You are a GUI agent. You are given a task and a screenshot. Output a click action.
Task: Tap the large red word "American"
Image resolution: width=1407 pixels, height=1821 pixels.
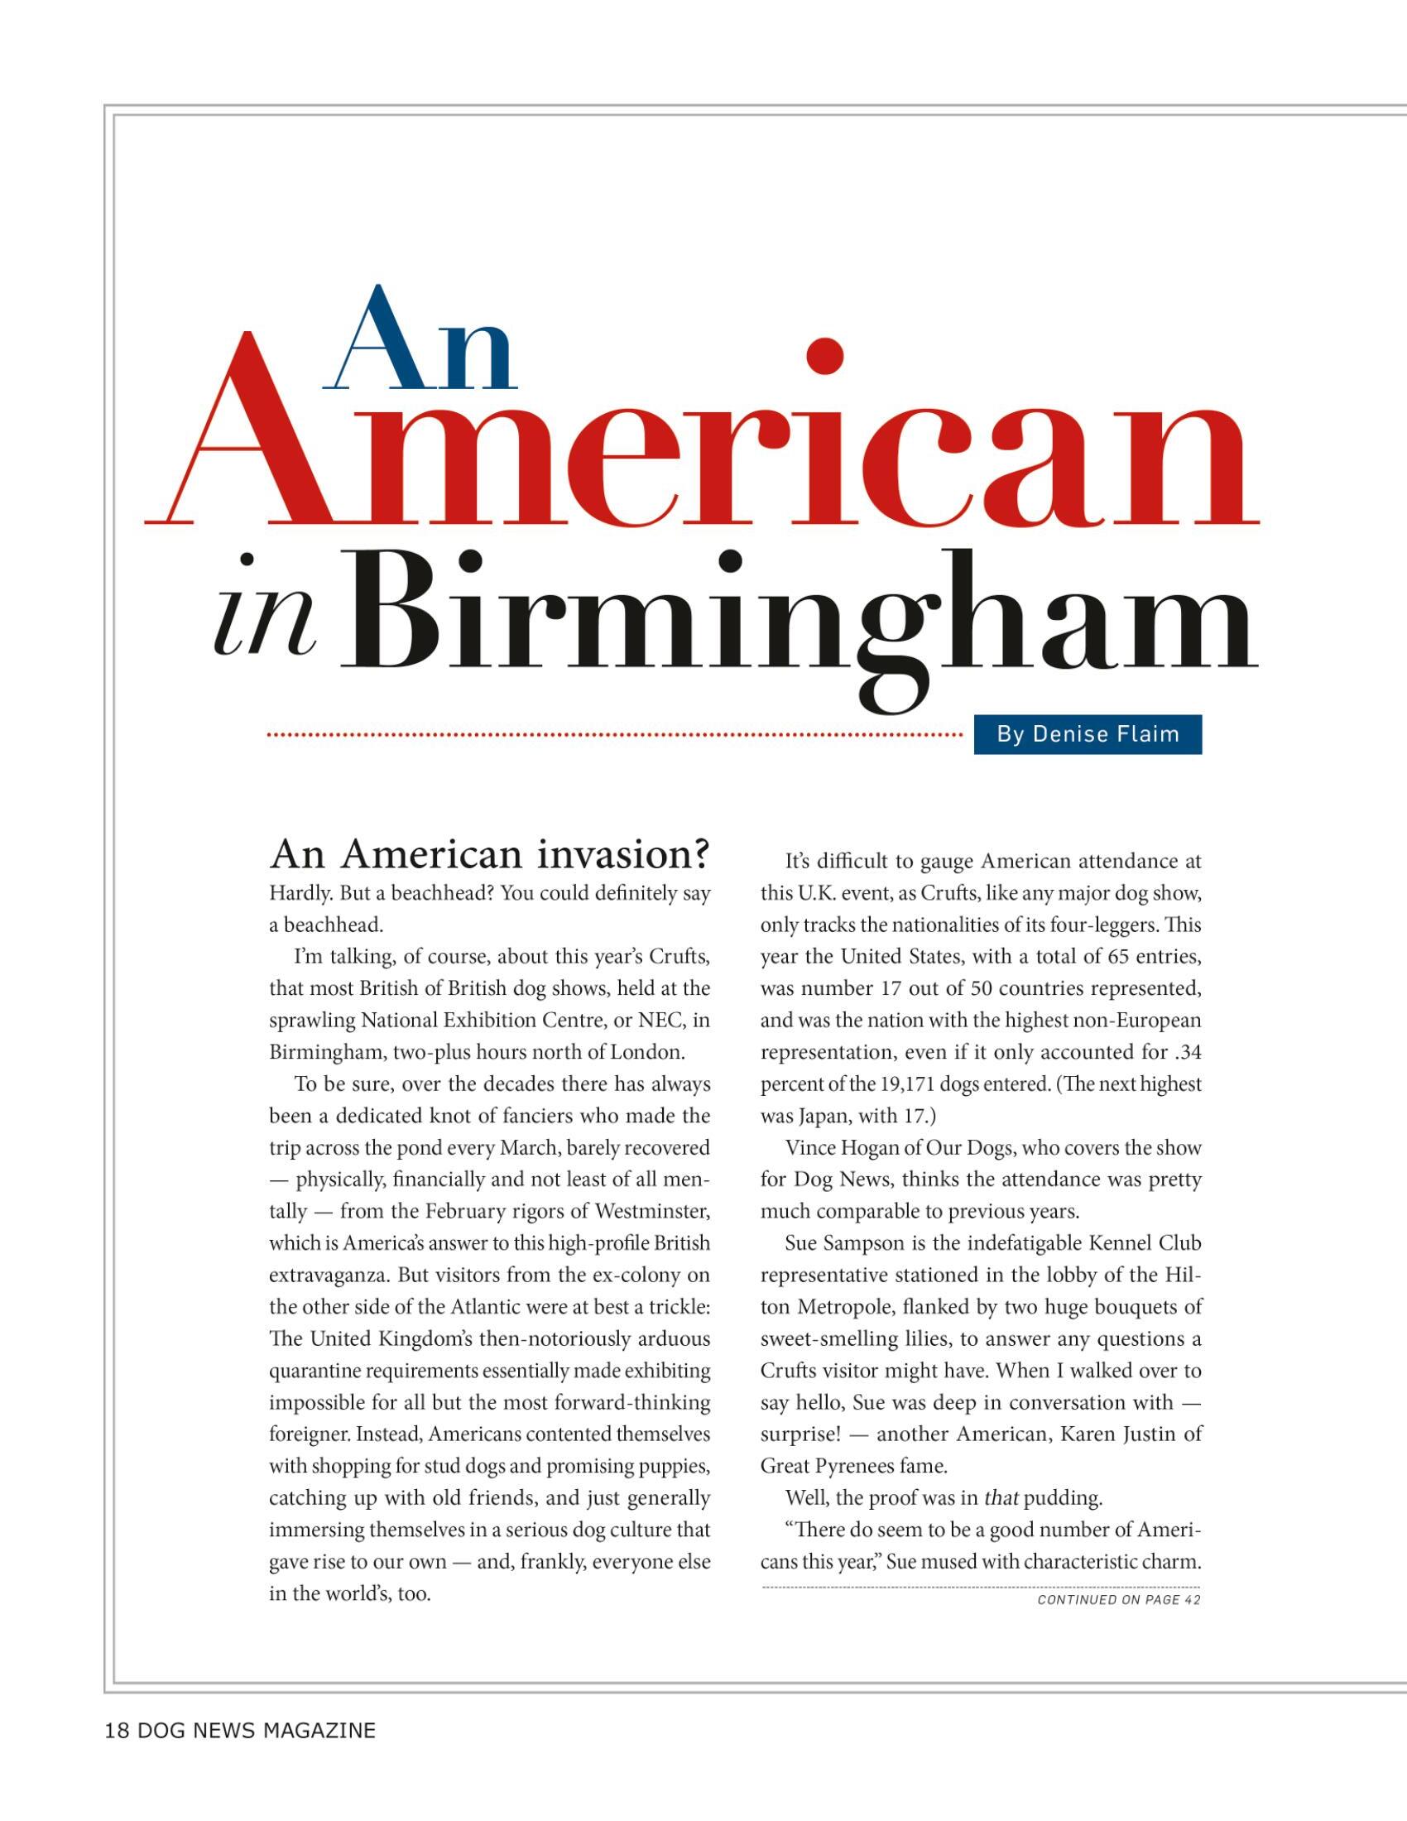pos(700,442)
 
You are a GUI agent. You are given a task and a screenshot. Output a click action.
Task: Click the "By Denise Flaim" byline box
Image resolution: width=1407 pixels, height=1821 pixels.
pos(1087,734)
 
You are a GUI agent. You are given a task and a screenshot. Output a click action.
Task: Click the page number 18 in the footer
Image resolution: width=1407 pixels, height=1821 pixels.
pos(116,1731)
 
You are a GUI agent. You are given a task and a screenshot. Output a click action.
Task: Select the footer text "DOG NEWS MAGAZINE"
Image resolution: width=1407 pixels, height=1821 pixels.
pos(257,1731)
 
